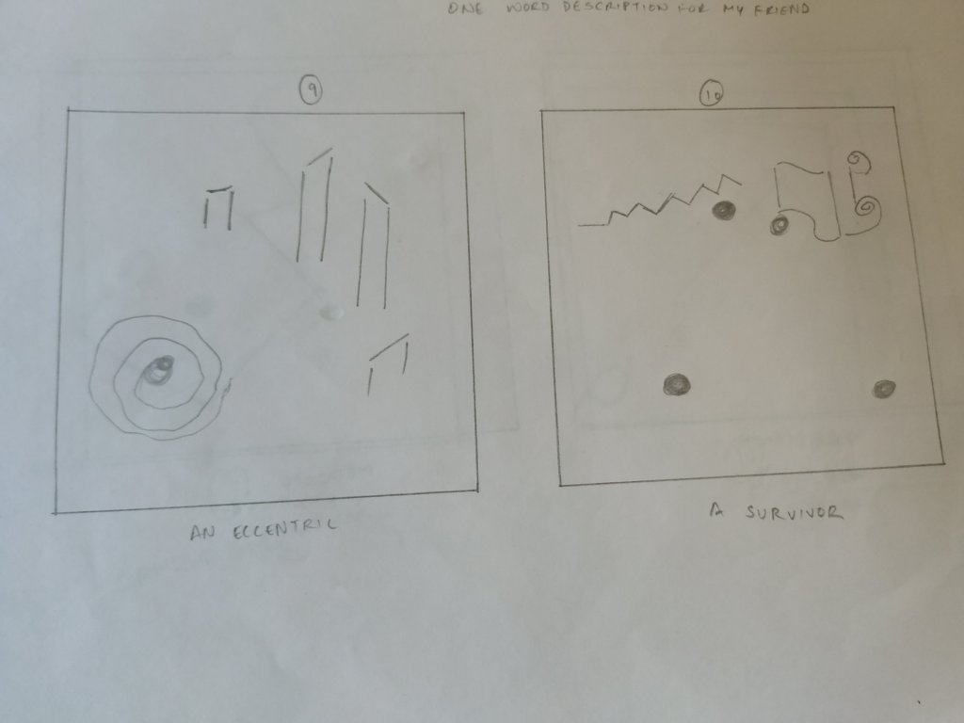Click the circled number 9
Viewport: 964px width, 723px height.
point(311,90)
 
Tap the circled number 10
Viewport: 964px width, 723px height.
point(712,94)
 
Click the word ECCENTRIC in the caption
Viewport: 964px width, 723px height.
point(284,529)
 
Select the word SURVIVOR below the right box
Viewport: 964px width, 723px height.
point(794,512)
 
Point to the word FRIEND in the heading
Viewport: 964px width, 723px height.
point(781,9)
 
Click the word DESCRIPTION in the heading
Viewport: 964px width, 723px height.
point(615,8)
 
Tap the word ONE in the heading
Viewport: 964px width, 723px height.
point(465,8)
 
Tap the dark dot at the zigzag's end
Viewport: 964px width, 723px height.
point(724,210)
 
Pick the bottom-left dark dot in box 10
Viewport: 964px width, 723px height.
point(677,385)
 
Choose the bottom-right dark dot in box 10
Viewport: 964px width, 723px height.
point(883,389)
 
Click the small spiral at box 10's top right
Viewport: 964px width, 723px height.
point(859,161)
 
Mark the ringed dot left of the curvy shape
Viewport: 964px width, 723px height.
point(779,225)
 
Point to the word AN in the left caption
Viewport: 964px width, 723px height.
point(202,533)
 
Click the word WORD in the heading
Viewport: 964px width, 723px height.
point(527,8)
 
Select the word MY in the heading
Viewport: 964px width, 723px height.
point(734,9)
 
